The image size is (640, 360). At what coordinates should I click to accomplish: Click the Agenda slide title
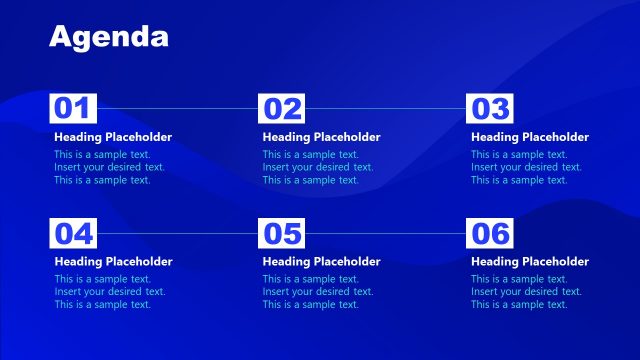tap(109, 37)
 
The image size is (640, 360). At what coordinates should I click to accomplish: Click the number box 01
tap(72, 108)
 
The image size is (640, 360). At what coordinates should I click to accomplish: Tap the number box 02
tap(281, 108)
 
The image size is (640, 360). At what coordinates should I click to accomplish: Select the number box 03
tap(490, 108)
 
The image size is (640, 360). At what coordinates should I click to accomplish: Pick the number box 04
tap(72, 233)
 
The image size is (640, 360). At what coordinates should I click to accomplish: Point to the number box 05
tap(281, 233)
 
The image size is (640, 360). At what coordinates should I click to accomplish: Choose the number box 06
tap(490, 233)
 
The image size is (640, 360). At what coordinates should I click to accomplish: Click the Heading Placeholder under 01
tap(113, 137)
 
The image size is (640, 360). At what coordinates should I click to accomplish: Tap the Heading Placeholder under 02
tap(322, 137)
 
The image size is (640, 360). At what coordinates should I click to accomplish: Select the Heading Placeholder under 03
tap(530, 137)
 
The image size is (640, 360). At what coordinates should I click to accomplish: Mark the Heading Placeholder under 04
tap(113, 261)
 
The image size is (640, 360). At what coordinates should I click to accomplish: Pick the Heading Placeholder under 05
tap(322, 261)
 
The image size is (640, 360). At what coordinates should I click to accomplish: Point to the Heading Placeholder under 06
tap(530, 261)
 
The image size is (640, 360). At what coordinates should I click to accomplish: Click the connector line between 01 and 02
tap(177, 108)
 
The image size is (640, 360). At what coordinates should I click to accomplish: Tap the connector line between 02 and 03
tap(386, 108)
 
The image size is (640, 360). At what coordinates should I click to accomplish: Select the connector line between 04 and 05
tap(177, 233)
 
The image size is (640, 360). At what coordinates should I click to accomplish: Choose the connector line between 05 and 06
tap(386, 233)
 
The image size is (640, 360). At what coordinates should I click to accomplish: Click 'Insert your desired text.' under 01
tap(109, 167)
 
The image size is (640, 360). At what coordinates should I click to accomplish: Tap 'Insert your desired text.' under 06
tap(527, 291)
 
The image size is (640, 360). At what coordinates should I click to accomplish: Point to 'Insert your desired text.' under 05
tap(318, 291)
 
